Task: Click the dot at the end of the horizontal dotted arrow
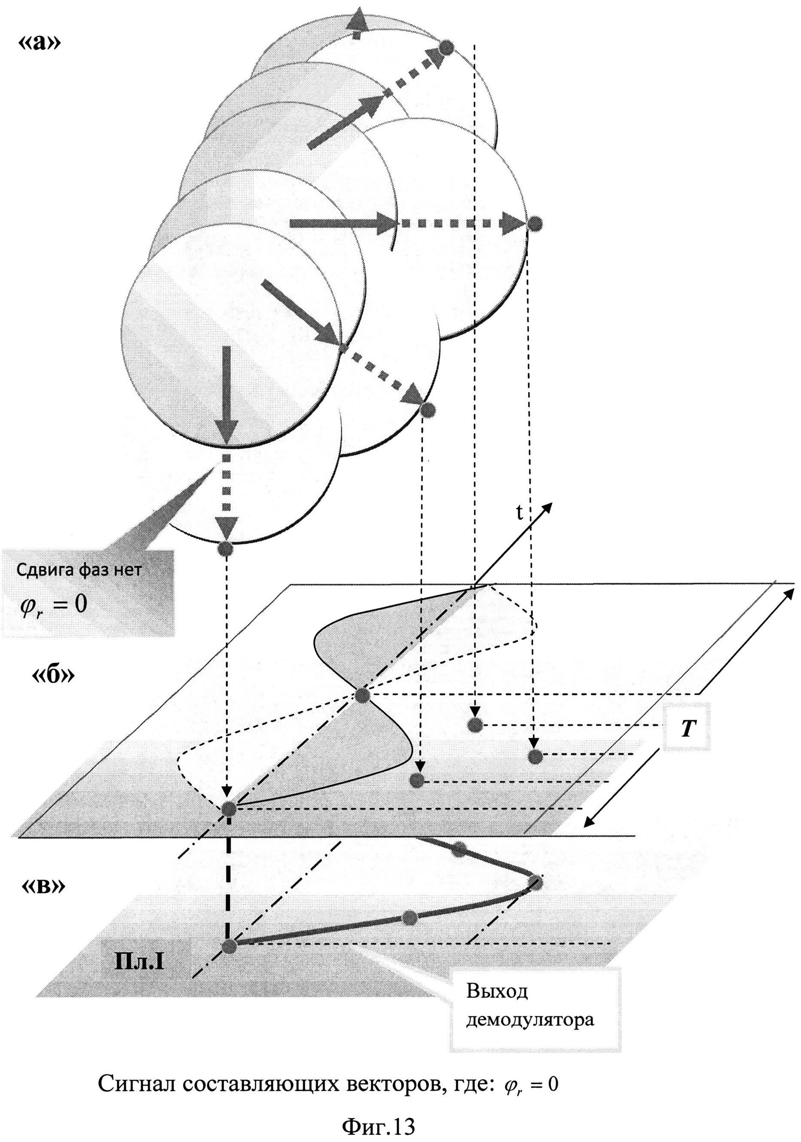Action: pyautogui.click(x=534, y=223)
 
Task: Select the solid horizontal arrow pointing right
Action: pyautogui.click(x=343, y=223)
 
